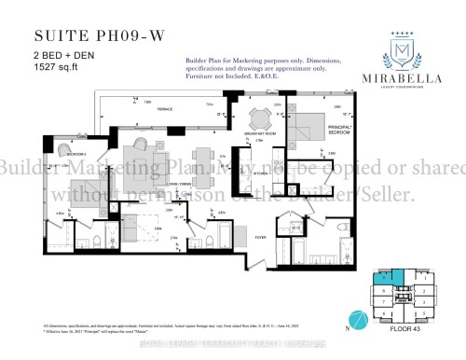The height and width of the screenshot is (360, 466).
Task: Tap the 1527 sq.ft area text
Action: pos(56,69)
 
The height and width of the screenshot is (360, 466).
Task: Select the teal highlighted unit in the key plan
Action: pos(381,277)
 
